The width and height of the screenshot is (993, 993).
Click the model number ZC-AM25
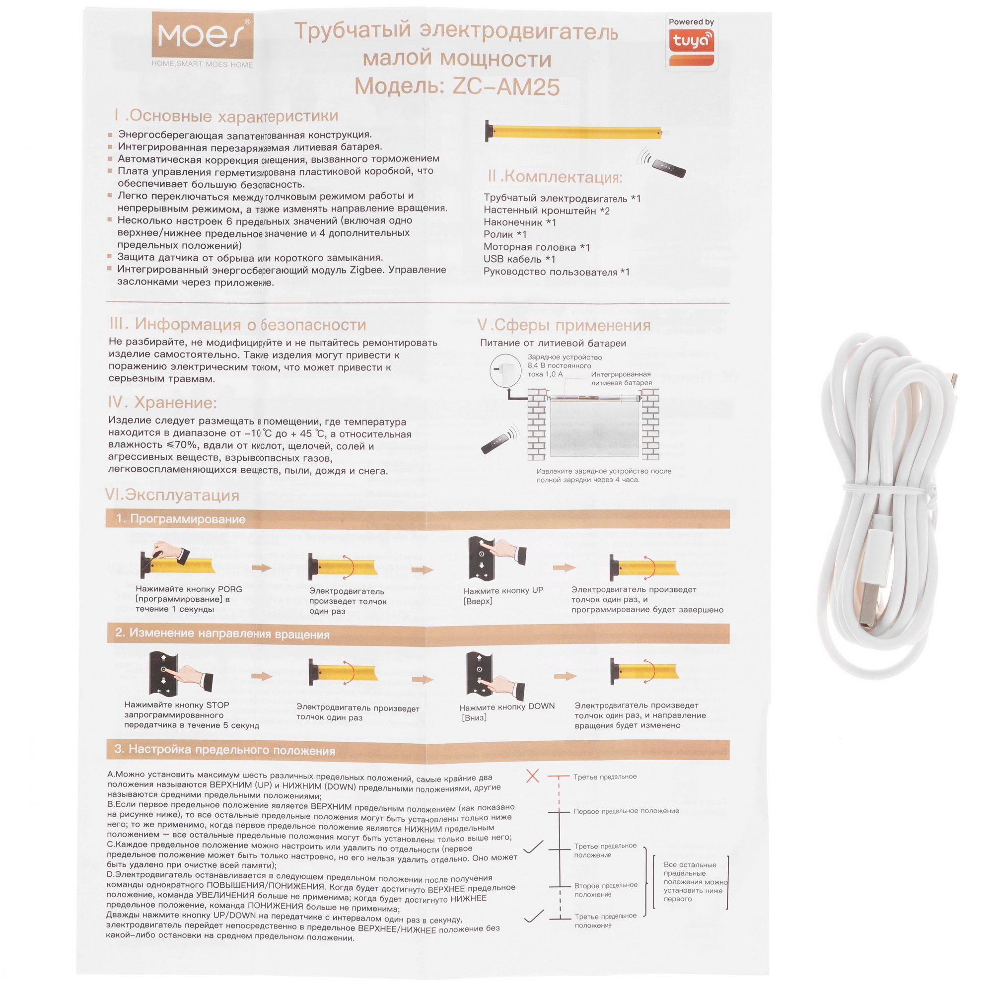tap(506, 87)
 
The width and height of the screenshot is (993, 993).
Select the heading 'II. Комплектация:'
tap(555, 177)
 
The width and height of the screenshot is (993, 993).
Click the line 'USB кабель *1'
tap(519, 259)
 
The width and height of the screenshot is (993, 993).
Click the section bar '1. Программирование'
tap(418, 519)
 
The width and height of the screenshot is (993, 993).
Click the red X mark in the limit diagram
tap(532, 776)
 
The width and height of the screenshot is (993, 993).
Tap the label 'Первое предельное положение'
tap(626, 811)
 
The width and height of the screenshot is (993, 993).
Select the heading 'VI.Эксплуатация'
tap(172, 495)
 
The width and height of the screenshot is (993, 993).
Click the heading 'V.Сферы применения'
tap(564, 325)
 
